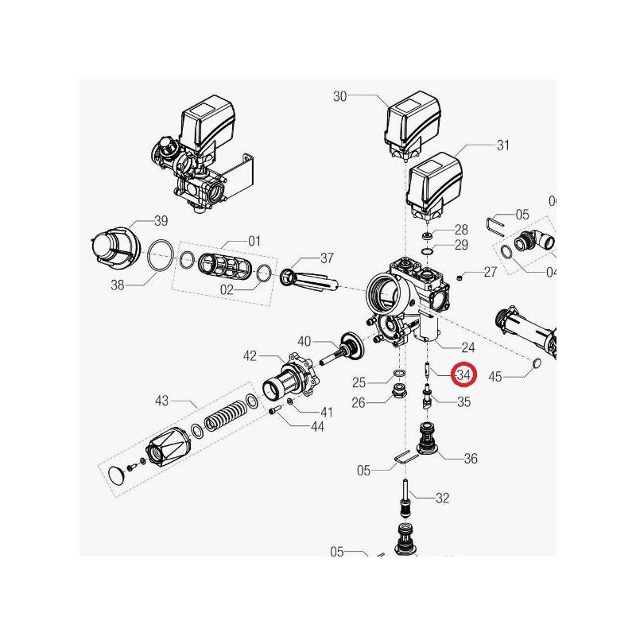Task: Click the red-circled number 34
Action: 463,374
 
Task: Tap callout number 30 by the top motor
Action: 340,96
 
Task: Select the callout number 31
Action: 503,145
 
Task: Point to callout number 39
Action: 161,221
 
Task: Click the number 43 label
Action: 162,401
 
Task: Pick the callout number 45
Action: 495,376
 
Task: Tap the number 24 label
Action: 468,347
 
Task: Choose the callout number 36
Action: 471,459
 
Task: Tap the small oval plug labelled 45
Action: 536,363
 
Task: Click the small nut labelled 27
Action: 460,277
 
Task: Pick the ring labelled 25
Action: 400,373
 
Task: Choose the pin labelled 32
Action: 405,498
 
